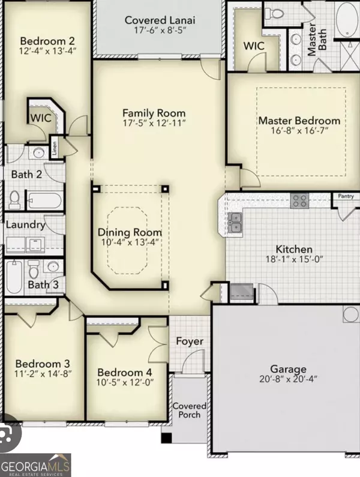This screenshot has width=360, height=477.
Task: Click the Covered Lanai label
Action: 160,20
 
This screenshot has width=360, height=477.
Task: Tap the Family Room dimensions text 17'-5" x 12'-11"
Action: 154,123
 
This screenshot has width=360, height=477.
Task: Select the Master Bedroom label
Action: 299,121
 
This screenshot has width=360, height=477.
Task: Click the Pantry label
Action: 346,196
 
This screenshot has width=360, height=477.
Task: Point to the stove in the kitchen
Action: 299,202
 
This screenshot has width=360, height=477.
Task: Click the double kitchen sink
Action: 236,223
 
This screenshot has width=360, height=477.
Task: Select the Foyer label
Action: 190,341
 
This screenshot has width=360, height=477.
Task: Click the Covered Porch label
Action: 190,410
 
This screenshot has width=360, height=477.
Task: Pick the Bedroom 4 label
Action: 125,371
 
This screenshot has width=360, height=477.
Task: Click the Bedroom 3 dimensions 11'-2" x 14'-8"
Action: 43,374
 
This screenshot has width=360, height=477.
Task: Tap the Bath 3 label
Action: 43,284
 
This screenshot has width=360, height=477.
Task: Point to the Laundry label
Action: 25,225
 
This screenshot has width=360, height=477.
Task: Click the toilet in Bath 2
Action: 15,198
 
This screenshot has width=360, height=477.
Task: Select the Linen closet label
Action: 54,148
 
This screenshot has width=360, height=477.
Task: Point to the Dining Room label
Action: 130,233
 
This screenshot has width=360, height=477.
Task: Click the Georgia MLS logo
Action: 36,464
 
